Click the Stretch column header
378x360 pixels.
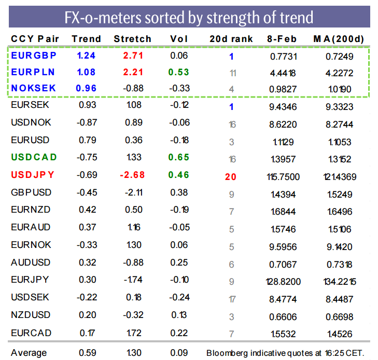[132, 39]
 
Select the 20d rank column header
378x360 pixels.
[231, 39]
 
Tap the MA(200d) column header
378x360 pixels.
[339, 39]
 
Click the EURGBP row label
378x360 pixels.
[34, 56]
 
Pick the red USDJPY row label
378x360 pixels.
[33, 175]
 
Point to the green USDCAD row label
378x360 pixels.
[34, 157]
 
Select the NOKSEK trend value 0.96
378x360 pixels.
[86, 88]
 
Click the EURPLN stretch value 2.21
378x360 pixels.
[133, 72]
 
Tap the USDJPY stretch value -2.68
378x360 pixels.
[132, 175]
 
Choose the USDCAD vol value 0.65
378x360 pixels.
[179, 157]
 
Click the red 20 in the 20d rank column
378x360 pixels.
[230, 177]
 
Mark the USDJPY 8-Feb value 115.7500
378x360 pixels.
[283, 177]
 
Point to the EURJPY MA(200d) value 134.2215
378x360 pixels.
[340, 282]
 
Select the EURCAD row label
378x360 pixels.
[31, 333]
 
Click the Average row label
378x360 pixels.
[29, 353]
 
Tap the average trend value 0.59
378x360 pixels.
[88, 353]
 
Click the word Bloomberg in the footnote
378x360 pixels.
[227, 353]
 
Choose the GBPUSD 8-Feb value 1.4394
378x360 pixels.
[283, 195]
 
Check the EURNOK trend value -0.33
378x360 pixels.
[87, 245]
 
